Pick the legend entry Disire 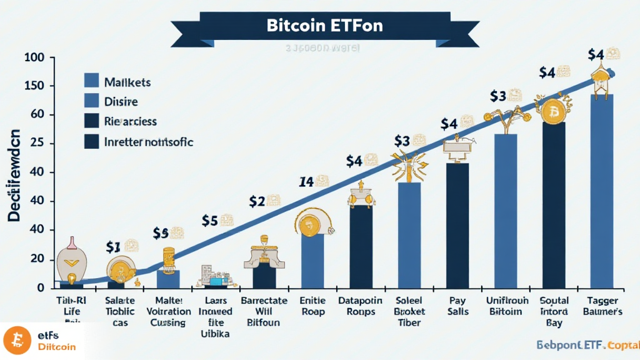(122, 101)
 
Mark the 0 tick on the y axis (39, 288)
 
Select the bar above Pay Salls (457, 225)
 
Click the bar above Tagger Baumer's (602, 191)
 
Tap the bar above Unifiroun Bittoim (505, 211)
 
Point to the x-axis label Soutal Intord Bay (554, 311)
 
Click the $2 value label (257, 202)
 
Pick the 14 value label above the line (306, 182)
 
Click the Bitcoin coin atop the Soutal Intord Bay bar (554, 113)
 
